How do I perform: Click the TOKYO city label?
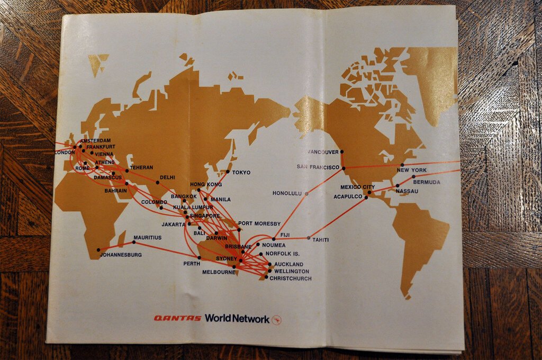pos(241,173)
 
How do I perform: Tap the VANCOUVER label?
pos(323,152)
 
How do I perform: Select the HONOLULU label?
pos(287,193)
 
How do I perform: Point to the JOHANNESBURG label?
pos(121,255)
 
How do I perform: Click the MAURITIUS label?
pos(147,238)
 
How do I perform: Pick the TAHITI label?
pos(320,240)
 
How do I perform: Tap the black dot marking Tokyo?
pos(228,172)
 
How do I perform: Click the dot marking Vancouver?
pos(341,151)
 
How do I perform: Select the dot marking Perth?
pos(199,257)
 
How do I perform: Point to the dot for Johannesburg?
pos(98,250)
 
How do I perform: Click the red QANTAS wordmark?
pos(177,318)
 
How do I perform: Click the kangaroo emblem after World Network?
pos(276,319)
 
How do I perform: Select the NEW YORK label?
pos(411,170)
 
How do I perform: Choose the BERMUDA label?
pos(426,182)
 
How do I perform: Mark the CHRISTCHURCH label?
pos(291,278)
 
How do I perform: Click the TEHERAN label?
pos(141,167)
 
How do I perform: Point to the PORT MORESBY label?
pos(259,224)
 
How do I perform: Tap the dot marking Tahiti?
pos(309,237)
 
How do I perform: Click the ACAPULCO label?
pos(348,197)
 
